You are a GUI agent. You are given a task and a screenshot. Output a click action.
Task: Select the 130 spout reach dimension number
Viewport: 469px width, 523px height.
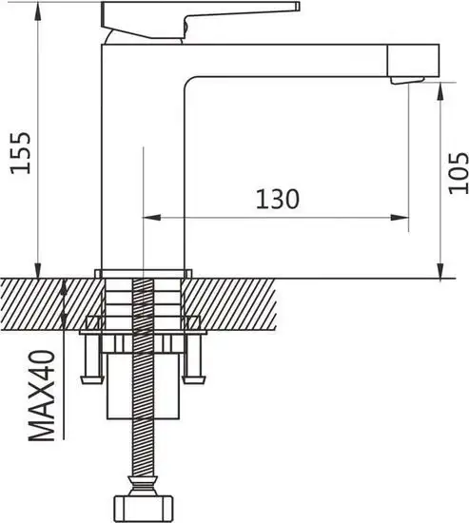[x=277, y=200]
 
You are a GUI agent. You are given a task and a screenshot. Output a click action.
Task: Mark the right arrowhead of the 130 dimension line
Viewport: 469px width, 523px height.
[x=402, y=218]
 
